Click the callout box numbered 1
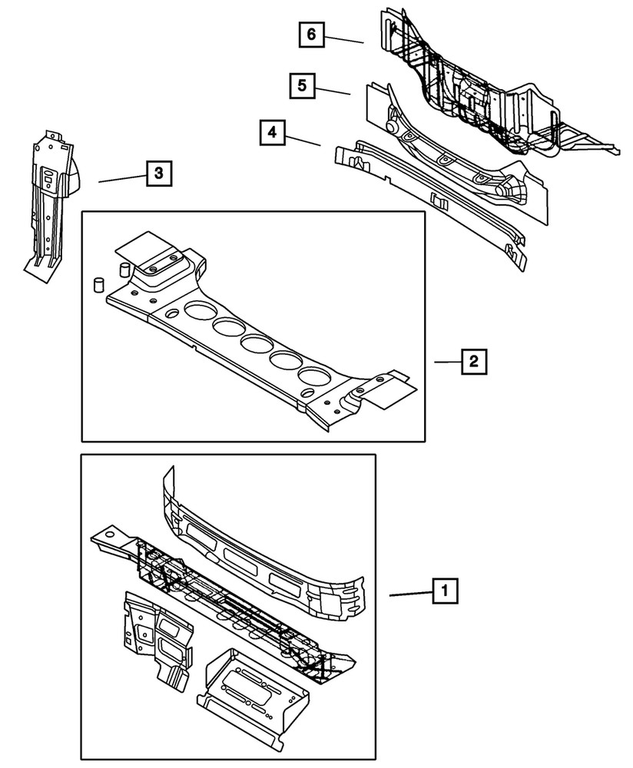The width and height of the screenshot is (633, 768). (x=442, y=592)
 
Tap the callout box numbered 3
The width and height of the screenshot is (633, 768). (x=157, y=174)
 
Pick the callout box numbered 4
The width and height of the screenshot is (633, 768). (x=270, y=133)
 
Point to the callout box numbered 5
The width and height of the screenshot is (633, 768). (x=302, y=85)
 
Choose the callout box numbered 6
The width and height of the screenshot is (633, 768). (x=311, y=35)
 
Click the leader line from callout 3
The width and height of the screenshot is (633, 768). (x=121, y=178)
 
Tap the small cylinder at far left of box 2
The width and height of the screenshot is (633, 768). (x=98, y=285)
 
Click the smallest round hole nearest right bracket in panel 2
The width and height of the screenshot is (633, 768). (x=307, y=392)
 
